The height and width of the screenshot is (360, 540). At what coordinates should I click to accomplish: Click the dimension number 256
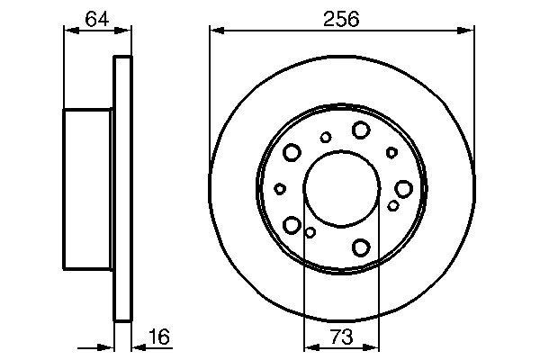342,18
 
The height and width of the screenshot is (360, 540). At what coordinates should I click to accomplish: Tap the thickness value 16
158,337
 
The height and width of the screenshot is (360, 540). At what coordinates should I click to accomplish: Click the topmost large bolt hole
361,130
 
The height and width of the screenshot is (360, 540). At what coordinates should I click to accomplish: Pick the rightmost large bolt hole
403,188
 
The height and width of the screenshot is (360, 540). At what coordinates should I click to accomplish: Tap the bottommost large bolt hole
362,247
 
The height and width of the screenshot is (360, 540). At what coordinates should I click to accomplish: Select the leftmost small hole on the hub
280,188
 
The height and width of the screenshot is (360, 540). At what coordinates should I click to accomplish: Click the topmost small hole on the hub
326,137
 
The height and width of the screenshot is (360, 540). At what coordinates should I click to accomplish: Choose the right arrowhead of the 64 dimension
127,31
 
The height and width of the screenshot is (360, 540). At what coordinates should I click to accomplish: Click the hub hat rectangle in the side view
88,188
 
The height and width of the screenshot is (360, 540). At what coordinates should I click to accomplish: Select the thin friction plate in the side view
122,188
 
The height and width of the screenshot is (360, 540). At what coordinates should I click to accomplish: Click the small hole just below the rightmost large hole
393,206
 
